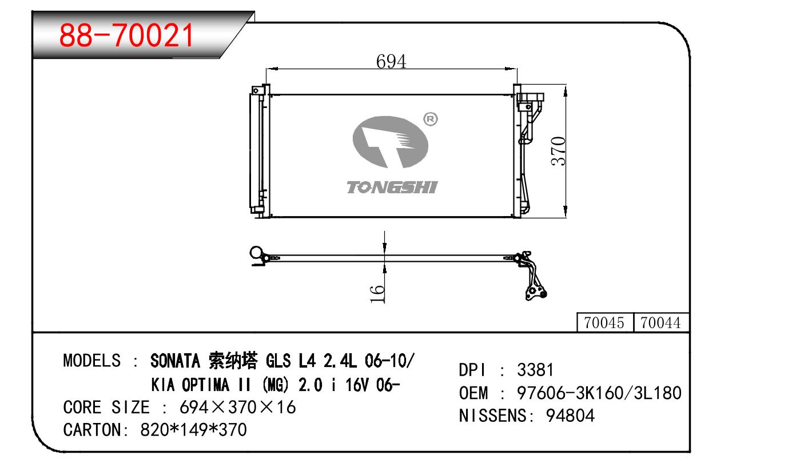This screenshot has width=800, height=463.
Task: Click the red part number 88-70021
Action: [x=126, y=35]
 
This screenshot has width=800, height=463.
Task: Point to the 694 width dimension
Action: [x=391, y=61]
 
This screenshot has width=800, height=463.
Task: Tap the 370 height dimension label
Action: [x=559, y=151]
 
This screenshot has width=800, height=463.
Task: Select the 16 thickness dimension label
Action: [x=377, y=294]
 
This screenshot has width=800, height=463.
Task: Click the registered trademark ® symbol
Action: [x=431, y=119]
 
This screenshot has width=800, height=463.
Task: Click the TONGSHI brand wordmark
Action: [x=392, y=187]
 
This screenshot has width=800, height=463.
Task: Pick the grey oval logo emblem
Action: [x=391, y=142]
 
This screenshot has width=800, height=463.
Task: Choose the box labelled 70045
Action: [x=604, y=323]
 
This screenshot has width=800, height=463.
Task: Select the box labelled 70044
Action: [x=660, y=323]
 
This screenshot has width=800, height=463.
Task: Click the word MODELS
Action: [x=92, y=361]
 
